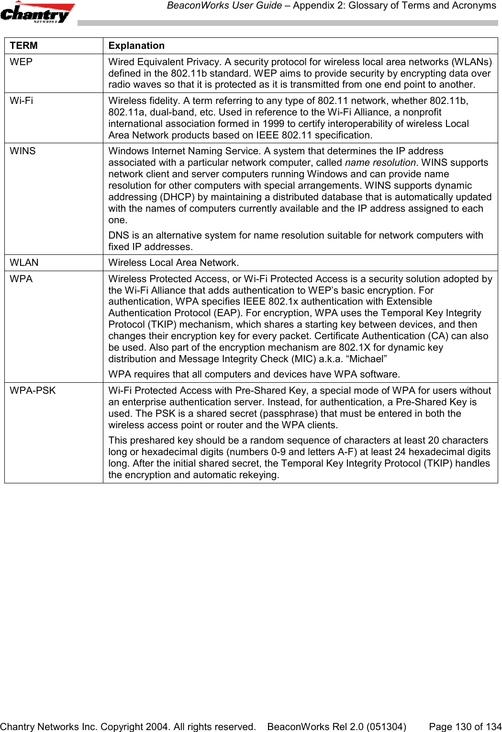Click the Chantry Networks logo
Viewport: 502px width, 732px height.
point(37,12)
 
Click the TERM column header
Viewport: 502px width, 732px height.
point(24,46)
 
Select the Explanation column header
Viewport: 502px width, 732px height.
point(136,46)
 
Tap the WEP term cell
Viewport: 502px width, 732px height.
point(22,62)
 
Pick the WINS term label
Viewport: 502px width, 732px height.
point(23,151)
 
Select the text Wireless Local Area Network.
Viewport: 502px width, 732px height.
point(173,263)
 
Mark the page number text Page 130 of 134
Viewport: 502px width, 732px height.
point(465,727)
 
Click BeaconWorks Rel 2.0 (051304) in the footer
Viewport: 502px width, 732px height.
point(336,727)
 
